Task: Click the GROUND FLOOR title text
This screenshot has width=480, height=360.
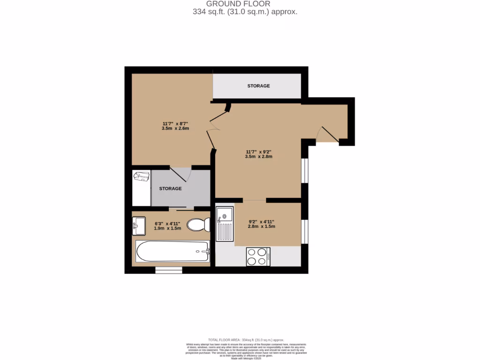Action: (245, 4)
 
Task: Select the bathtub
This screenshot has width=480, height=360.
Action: (172, 252)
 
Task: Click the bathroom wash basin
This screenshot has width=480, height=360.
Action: (139, 226)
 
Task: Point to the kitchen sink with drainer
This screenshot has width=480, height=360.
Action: (224, 225)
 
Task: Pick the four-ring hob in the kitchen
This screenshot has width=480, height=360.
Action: (258, 256)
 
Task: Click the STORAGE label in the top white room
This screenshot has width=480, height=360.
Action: (258, 86)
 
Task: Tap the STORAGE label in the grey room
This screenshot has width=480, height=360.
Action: (170, 188)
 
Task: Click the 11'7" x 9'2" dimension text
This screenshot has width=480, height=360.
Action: (258, 154)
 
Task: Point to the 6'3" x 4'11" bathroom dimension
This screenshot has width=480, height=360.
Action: (167, 225)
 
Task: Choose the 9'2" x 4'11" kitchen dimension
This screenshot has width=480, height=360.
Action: (261, 224)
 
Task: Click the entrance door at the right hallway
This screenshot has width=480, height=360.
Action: (328, 134)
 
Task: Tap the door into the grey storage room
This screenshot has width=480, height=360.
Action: (180, 174)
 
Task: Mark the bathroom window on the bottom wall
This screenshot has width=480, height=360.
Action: (169, 270)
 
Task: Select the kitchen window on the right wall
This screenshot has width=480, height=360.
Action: (305, 232)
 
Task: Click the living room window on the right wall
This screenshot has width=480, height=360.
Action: (305, 170)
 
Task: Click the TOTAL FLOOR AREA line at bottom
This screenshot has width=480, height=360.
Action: (246, 340)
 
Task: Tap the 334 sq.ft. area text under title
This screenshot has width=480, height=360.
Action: (245, 12)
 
